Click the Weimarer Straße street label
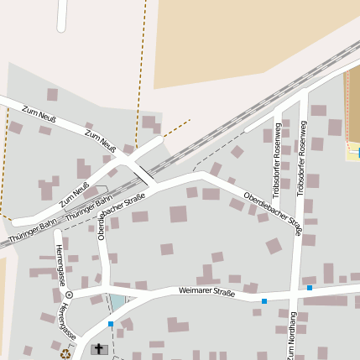coord(207,291)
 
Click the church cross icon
coord(99,348)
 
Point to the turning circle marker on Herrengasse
coord(69,295)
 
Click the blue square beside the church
coord(110,324)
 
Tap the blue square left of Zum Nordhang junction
coord(264,300)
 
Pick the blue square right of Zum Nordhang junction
coord(310,288)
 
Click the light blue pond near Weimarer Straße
coord(118,302)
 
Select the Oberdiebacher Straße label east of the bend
coord(273,212)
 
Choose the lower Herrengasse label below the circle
coord(65,322)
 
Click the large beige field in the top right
coord(252,42)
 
